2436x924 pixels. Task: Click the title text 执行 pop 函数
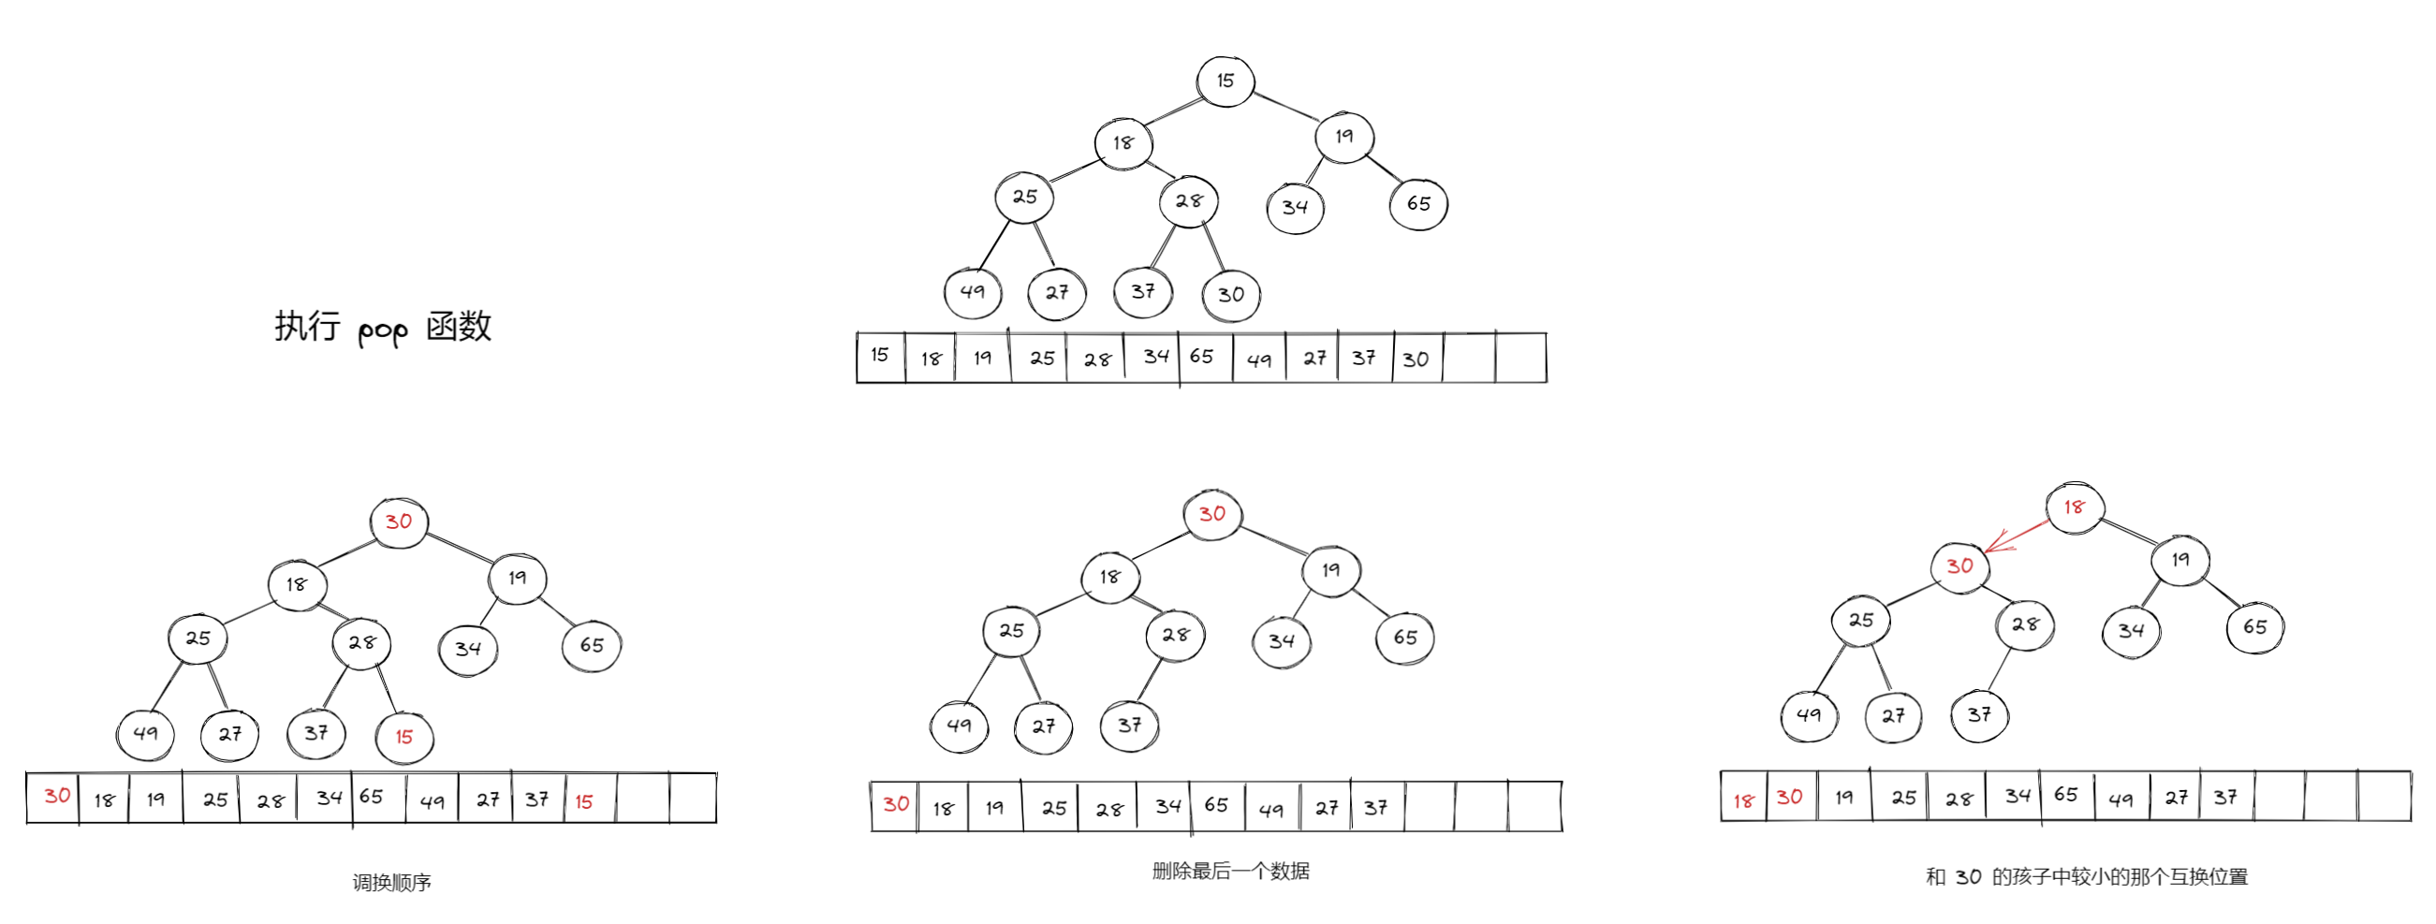click(x=383, y=328)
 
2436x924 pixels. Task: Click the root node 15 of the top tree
click(x=1225, y=81)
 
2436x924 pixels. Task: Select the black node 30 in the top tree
click(x=1230, y=295)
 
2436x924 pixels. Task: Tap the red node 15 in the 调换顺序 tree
click(x=404, y=738)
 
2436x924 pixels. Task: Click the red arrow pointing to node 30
click(x=2017, y=535)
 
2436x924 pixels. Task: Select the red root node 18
click(x=2074, y=507)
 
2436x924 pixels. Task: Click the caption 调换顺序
click(x=391, y=883)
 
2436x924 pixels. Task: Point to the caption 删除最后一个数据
click(x=1230, y=871)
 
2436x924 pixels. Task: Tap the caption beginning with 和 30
click(x=2086, y=876)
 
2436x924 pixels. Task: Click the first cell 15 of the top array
click(x=880, y=356)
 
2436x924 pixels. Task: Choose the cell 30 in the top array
click(x=1416, y=359)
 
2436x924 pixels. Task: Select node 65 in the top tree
click(x=1418, y=204)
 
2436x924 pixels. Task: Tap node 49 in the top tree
click(x=972, y=292)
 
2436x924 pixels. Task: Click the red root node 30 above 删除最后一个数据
click(x=1212, y=515)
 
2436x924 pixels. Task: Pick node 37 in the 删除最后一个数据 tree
click(x=1130, y=726)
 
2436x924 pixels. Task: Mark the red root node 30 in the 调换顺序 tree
click(x=399, y=522)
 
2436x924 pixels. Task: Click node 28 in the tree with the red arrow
click(x=2025, y=625)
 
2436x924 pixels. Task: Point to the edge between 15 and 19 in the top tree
click(x=1286, y=106)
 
